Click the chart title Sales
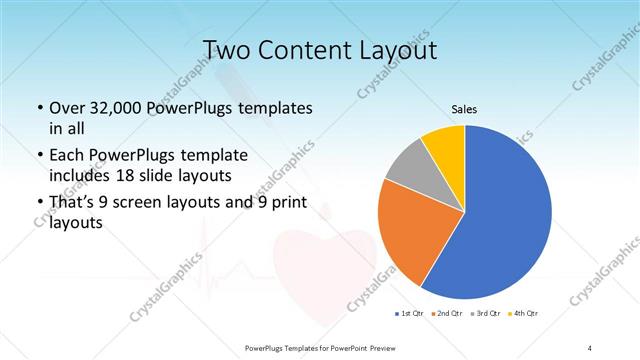(464, 108)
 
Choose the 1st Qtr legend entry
(411, 315)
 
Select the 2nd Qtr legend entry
(447, 315)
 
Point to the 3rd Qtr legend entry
(485, 315)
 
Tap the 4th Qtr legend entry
(522, 315)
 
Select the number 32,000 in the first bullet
(117, 107)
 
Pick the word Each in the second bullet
(66, 156)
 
